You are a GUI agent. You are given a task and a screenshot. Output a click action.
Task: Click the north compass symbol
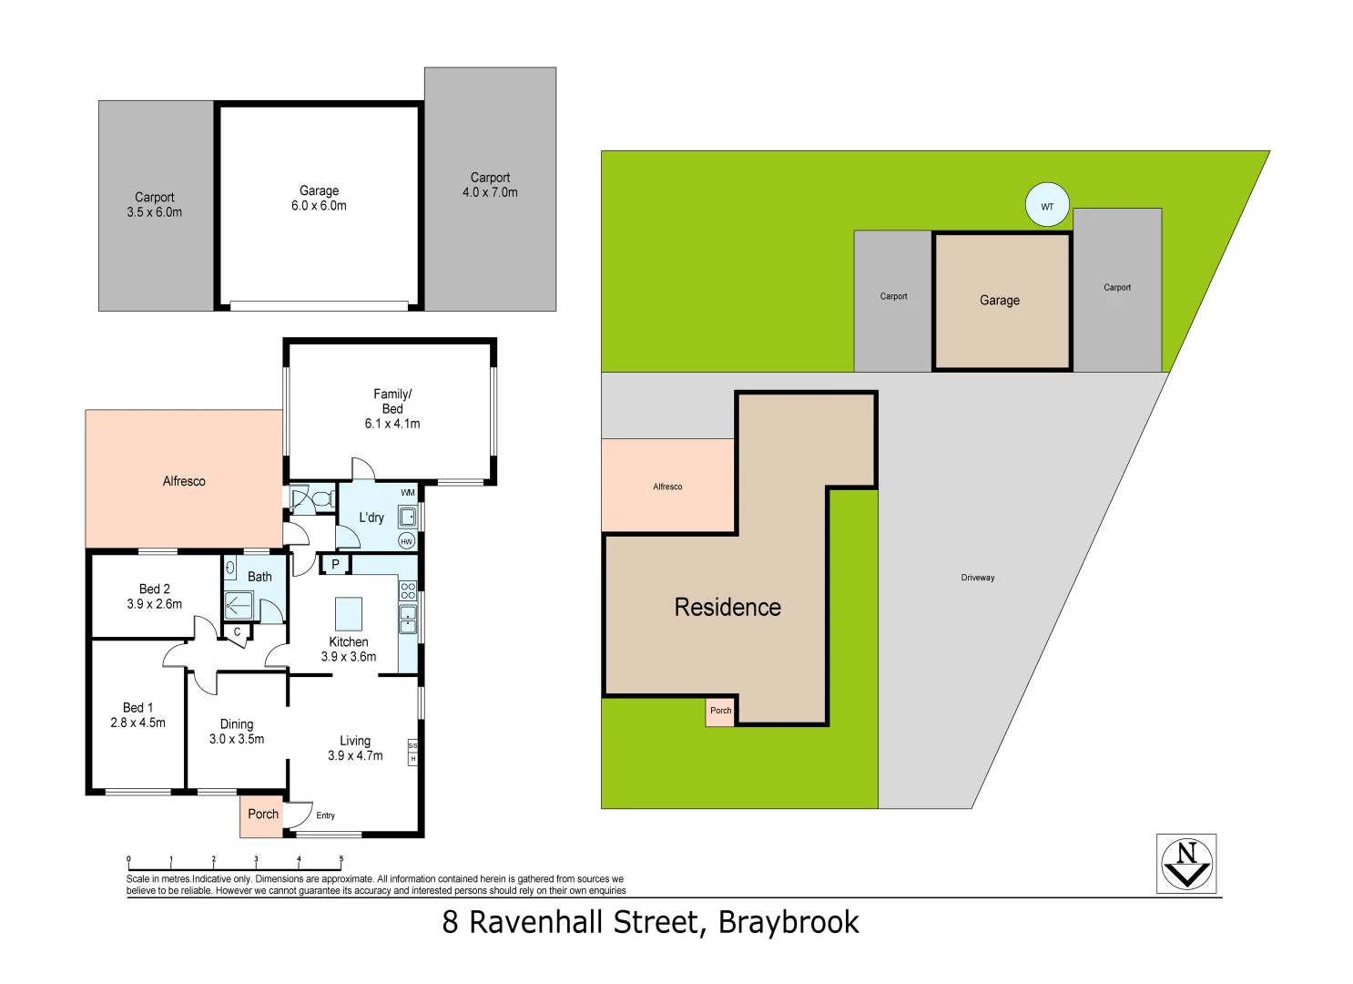click(1186, 864)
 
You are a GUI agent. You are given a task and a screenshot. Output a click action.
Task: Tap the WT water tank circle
click(1047, 206)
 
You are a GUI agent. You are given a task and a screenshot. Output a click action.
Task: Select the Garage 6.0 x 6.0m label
click(319, 199)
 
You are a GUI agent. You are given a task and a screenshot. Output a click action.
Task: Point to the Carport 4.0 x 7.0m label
click(490, 185)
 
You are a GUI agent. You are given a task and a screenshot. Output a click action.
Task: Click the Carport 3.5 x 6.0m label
click(155, 205)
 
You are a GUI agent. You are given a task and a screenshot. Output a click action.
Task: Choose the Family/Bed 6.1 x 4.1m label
click(392, 408)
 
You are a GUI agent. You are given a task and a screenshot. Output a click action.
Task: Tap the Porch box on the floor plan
click(263, 815)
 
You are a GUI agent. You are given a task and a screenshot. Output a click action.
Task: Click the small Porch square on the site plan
click(720, 711)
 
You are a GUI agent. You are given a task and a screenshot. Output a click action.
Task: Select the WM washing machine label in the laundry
click(408, 493)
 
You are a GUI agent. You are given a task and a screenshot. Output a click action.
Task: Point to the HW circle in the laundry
click(407, 541)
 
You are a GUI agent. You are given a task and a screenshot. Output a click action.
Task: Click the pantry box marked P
click(335, 565)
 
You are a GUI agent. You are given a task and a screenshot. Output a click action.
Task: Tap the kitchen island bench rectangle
click(349, 614)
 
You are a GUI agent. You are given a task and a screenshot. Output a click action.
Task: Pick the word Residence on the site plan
click(727, 608)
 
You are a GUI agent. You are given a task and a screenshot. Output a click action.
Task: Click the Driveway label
click(977, 578)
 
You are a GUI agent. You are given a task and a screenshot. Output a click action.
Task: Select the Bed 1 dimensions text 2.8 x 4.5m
click(138, 723)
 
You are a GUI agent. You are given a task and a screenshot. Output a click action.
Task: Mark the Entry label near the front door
click(325, 815)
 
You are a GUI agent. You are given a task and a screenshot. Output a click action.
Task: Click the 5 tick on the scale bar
click(341, 860)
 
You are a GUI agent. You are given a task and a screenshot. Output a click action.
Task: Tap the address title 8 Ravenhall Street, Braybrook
click(650, 922)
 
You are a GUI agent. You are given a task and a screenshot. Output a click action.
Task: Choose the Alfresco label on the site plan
click(667, 487)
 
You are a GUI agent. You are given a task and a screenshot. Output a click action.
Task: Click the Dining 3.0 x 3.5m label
click(237, 732)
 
